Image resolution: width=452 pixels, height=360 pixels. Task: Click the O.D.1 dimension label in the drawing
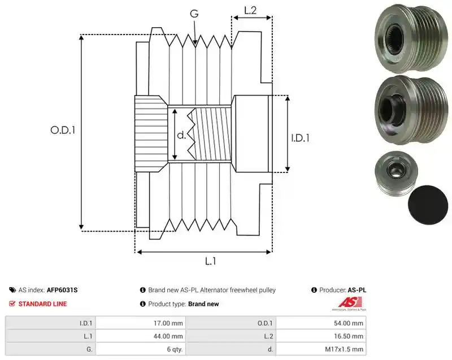coord(63,131)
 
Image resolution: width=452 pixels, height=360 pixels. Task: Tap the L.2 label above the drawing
coord(250,10)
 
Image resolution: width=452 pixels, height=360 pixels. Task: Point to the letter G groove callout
coord(194,13)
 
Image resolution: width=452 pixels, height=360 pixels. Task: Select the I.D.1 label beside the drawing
coord(300,138)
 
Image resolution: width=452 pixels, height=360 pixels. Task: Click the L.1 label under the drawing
coord(210,262)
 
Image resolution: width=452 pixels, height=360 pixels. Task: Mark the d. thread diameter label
coord(181,135)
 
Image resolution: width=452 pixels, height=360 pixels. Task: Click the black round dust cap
coord(428,205)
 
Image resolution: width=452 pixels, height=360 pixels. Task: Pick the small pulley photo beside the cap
coord(396,172)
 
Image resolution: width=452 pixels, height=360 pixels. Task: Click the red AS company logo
coord(349,304)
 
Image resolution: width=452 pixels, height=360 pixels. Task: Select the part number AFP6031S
coord(62,290)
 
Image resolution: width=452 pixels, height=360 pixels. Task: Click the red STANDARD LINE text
coord(43,304)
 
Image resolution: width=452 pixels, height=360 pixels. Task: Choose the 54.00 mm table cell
coord(321,323)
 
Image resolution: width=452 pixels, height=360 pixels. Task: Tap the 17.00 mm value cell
coord(141,323)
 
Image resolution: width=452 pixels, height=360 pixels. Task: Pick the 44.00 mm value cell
coord(141,336)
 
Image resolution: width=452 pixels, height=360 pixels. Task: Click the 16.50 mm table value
coord(321,336)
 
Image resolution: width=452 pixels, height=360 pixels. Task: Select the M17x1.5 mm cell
coord(321,349)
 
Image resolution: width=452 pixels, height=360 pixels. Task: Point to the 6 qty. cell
coord(141,349)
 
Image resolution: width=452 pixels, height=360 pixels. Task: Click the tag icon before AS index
coord(12,290)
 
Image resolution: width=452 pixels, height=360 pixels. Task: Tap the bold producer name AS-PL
coord(357,290)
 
